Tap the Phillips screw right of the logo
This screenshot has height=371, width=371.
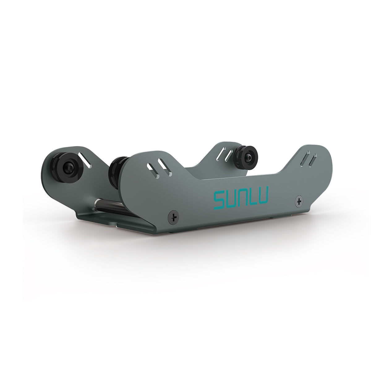299,202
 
